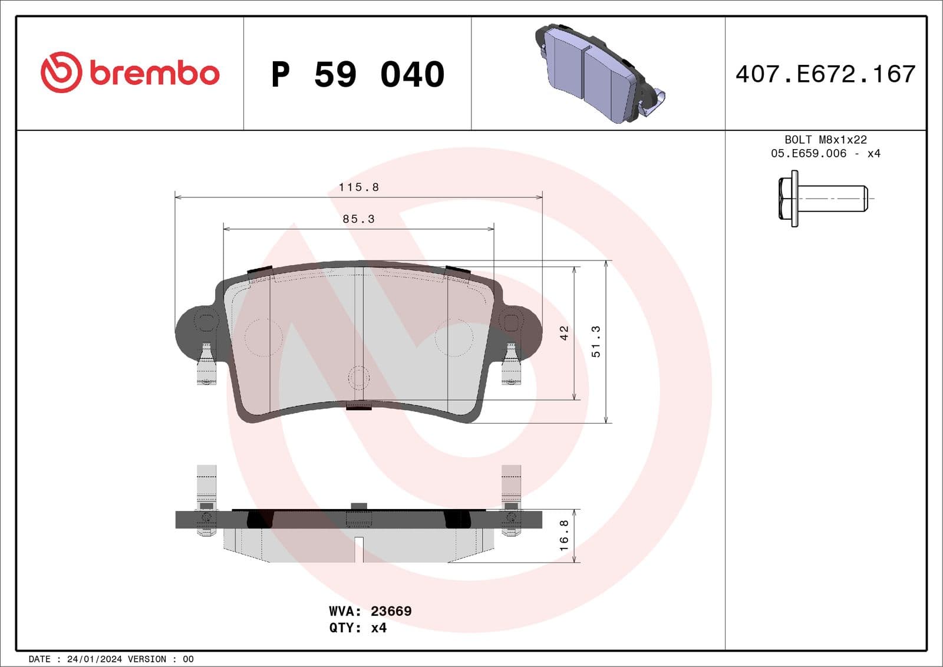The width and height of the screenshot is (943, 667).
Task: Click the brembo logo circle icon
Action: tap(61, 72)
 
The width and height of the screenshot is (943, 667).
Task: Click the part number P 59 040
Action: tap(358, 74)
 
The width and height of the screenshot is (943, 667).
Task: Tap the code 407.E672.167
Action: tap(825, 74)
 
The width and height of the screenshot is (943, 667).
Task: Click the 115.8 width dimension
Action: tap(358, 187)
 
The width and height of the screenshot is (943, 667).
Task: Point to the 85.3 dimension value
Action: tap(358, 219)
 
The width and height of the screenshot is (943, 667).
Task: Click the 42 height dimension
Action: tap(564, 333)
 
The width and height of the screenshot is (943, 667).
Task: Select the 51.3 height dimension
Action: tap(596, 342)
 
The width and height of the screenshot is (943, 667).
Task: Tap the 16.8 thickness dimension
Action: tap(564, 535)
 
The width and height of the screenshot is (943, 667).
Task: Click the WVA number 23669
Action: tap(391, 611)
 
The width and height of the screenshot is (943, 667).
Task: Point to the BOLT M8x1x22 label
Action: tap(825, 140)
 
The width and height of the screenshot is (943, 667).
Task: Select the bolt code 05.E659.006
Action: tap(808, 154)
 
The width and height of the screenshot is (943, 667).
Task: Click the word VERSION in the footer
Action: tap(147, 659)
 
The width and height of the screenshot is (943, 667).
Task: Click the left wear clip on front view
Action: tap(206, 364)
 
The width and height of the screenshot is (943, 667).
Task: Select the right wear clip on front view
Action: tap(511, 364)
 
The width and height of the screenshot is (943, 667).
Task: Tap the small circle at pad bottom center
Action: tap(358, 377)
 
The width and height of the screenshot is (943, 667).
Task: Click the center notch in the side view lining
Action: tap(359, 549)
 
